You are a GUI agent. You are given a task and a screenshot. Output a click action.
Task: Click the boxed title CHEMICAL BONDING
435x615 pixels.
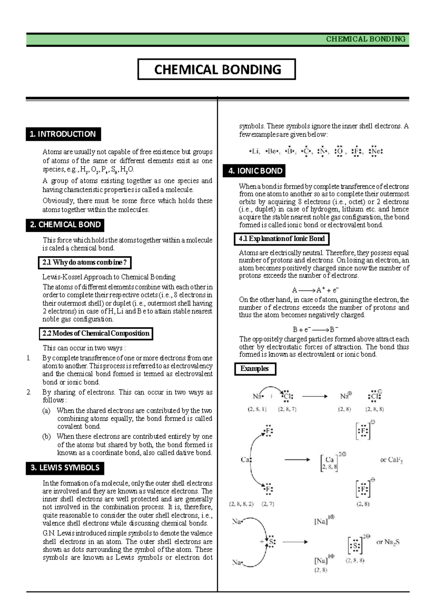(x=217, y=70)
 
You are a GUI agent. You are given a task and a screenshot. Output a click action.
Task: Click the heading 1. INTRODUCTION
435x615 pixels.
(x=63, y=134)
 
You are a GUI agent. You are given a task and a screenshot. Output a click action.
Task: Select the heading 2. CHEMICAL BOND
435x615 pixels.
(x=65, y=225)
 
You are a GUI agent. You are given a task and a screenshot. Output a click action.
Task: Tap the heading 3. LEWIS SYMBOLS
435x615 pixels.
(x=65, y=468)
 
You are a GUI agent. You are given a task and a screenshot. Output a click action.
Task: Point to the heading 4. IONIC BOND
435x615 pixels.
(x=255, y=171)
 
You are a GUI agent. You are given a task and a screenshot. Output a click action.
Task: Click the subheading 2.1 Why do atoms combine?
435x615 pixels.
(x=84, y=263)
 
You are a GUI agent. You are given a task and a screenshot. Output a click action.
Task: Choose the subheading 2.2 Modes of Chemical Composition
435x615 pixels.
(x=96, y=334)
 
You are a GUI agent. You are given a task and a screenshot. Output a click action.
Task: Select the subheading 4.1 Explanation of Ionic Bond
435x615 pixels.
(x=282, y=239)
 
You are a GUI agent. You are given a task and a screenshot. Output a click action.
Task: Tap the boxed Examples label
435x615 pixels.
(x=254, y=369)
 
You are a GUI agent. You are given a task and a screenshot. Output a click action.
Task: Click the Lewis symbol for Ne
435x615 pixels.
(x=376, y=151)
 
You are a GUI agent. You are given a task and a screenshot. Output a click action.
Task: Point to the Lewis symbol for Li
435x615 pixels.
(x=254, y=151)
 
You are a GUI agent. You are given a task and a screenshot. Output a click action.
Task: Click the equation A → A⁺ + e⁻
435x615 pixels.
(x=315, y=290)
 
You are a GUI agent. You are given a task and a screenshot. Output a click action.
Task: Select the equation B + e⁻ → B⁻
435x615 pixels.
(x=315, y=330)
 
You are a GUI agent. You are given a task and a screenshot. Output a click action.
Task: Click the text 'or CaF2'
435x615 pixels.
(x=391, y=460)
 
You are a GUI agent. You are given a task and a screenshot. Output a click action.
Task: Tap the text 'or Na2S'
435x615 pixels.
(x=388, y=542)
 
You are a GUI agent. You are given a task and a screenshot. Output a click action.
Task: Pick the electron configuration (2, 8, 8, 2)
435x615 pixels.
(x=241, y=504)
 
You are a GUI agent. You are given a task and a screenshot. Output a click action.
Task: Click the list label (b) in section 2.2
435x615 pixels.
(x=46, y=436)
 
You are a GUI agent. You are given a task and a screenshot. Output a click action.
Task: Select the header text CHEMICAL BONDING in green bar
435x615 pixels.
(x=365, y=39)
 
